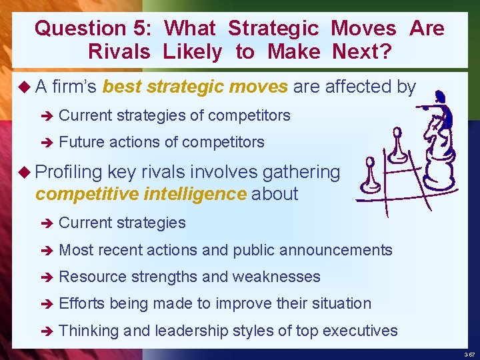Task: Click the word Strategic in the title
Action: point(275,28)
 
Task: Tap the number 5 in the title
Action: point(138,28)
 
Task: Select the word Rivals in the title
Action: point(119,52)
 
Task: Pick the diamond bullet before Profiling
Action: point(25,172)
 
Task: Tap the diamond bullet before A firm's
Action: point(25,86)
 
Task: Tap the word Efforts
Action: point(82,303)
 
